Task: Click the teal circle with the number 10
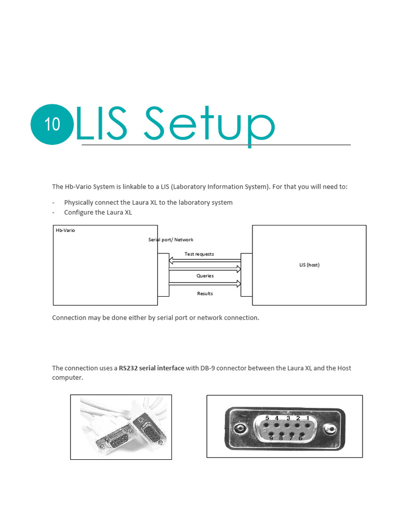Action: tap(52, 125)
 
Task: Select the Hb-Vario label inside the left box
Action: tap(65, 230)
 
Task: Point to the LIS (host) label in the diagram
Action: tap(309, 265)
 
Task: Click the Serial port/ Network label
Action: tap(170, 240)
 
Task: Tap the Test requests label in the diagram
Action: tap(199, 254)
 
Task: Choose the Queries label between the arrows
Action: tap(205, 276)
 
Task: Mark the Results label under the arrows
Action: tap(205, 294)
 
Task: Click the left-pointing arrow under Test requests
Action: tap(205, 261)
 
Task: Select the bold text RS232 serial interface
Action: tap(151, 368)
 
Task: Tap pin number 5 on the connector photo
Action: tap(267, 418)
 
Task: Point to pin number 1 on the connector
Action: tap(308, 418)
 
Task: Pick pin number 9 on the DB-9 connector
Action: tap(271, 438)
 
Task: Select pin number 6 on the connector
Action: tap(300, 438)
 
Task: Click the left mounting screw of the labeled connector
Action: tap(240, 429)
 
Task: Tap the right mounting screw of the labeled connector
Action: tap(329, 430)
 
